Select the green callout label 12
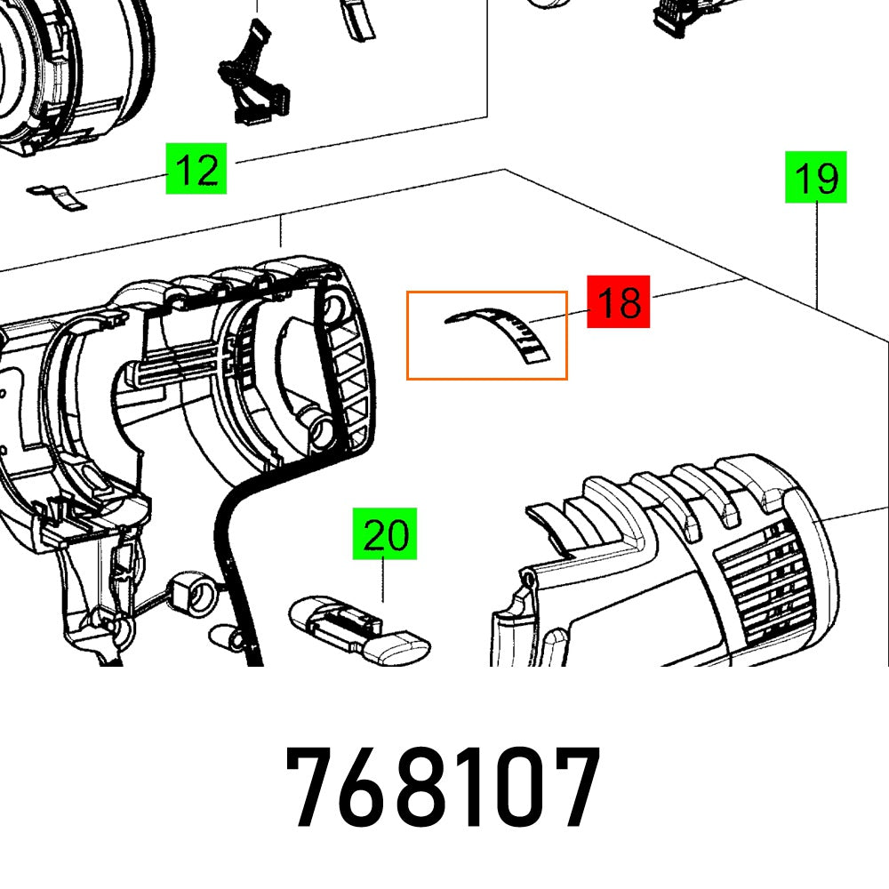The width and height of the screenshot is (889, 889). (x=196, y=168)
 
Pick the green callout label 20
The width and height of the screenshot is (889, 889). (x=385, y=534)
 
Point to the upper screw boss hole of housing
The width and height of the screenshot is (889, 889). (x=333, y=307)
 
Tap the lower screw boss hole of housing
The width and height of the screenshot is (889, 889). (x=317, y=428)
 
